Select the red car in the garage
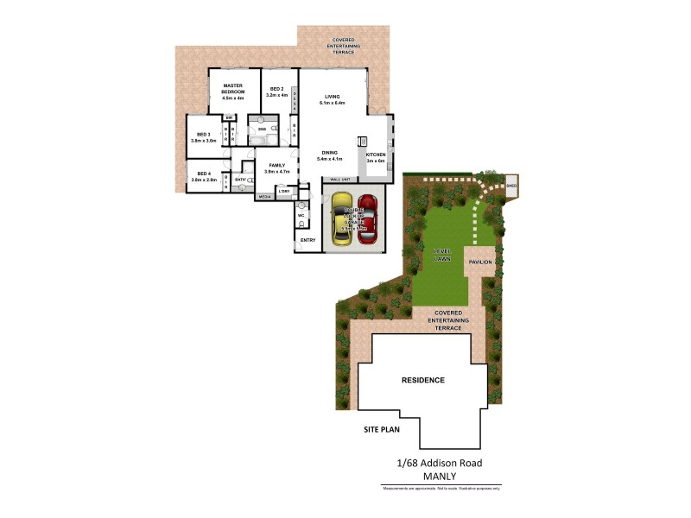point(368,219)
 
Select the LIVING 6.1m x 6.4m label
point(332,99)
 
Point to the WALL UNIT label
point(339,180)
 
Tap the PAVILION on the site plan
point(480,261)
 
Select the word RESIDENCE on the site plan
point(423,380)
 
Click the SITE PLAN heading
point(381,429)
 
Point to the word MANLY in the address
point(440,476)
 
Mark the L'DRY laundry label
point(283,191)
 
